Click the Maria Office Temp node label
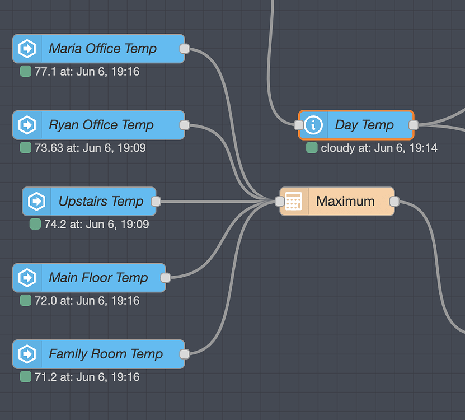(102, 49)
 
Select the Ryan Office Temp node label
(101, 125)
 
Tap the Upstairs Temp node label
(101, 202)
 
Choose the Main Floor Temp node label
(98, 278)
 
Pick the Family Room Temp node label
(105, 354)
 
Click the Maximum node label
(345, 202)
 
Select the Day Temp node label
(364, 125)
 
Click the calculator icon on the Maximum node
(294, 202)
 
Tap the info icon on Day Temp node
(313, 125)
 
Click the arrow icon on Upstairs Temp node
(36, 202)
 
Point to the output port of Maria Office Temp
(185, 49)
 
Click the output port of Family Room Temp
(185, 354)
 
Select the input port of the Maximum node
(280, 202)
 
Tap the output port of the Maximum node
(394, 202)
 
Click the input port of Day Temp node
(299, 125)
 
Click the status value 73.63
(46, 148)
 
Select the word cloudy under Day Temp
(337, 148)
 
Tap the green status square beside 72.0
(26, 301)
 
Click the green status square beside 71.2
(26, 377)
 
